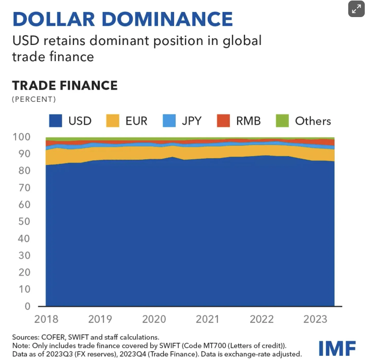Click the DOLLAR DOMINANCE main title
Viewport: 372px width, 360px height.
(122, 19)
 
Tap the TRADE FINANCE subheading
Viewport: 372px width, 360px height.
(65, 85)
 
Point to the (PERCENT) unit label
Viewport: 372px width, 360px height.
(34, 99)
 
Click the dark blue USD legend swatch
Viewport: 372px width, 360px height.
(56, 121)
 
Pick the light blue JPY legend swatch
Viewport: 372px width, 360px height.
(169, 121)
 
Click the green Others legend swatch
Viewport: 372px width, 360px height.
(282, 121)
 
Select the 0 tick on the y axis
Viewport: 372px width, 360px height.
(28, 306)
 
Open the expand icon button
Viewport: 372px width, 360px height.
(356, 9)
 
